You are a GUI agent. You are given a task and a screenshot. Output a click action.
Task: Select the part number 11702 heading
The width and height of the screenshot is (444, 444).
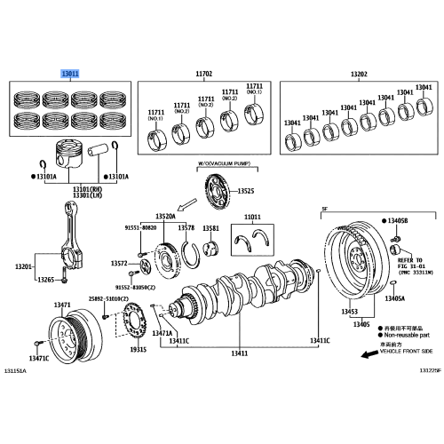[202, 74]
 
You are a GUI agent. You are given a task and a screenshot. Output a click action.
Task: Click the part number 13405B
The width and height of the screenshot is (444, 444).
[395, 219]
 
